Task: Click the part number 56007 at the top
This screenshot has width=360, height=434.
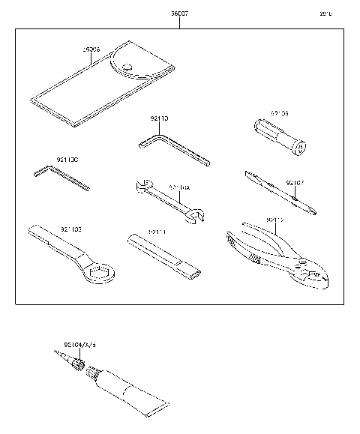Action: pyautogui.click(x=178, y=13)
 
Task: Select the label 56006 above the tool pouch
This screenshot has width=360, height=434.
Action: pyautogui.click(x=91, y=49)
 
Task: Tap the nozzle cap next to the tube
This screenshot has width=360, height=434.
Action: pyautogui.click(x=72, y=358)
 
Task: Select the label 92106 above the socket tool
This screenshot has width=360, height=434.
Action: pyautogui.click(x=267, y=113)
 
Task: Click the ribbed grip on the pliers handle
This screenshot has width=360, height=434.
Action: pyautogui.click(x=253, y=259)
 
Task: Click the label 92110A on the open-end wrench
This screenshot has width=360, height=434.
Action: pyautogui.click(x=178, y=187)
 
